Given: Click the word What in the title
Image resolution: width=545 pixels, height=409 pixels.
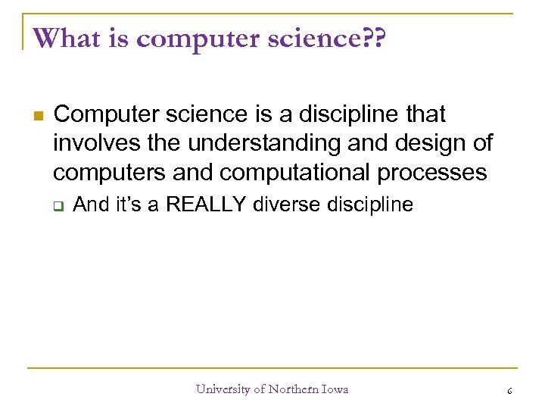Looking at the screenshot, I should (x=66, y=38).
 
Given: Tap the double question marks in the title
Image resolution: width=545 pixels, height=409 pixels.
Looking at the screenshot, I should (x=373, y=38).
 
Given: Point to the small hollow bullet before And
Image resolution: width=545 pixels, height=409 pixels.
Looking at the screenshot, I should (x=57, y=204).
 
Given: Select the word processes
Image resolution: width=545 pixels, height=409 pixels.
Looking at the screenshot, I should (x=432, y=172).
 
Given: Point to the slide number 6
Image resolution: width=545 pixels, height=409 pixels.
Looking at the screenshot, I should (x=509, y=390).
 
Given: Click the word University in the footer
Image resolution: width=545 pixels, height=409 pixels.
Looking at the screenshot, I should (x=223, y=389).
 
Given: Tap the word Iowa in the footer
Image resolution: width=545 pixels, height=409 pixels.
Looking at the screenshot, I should (x=334, y=389).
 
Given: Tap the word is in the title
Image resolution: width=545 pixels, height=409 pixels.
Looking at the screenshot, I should (x=114, y=38).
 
